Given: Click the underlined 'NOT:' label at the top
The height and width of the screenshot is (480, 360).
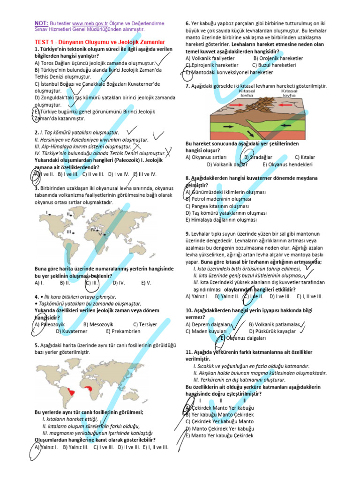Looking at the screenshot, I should click(41, 22).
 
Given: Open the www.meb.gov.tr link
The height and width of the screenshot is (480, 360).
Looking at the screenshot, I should click(90, 23).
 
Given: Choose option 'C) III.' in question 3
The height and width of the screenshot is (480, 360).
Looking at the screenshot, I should click(91, 283).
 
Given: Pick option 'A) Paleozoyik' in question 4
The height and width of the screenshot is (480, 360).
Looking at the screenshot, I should click(50, 324).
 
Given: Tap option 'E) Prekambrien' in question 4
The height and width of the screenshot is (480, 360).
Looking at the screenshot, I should click(123, 331).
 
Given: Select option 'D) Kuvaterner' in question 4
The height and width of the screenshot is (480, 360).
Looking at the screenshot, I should click(71, 331).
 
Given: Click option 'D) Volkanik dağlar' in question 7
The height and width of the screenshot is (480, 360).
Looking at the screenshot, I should click(227, 165).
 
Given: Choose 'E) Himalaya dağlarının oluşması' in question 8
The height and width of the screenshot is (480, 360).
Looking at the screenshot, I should click(221, 219).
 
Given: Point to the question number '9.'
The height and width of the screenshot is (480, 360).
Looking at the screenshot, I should click(187, 233).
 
